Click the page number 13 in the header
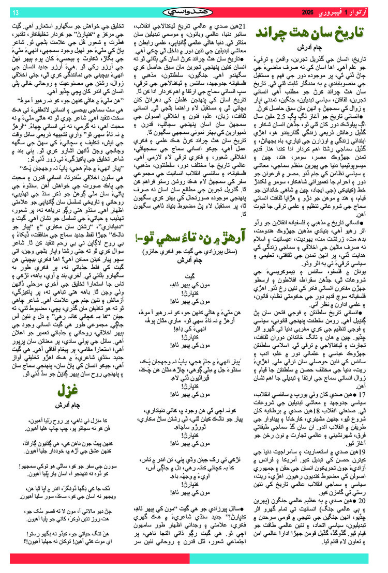click(x=15, y=11)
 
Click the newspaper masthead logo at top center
click(x=193, y=11)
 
